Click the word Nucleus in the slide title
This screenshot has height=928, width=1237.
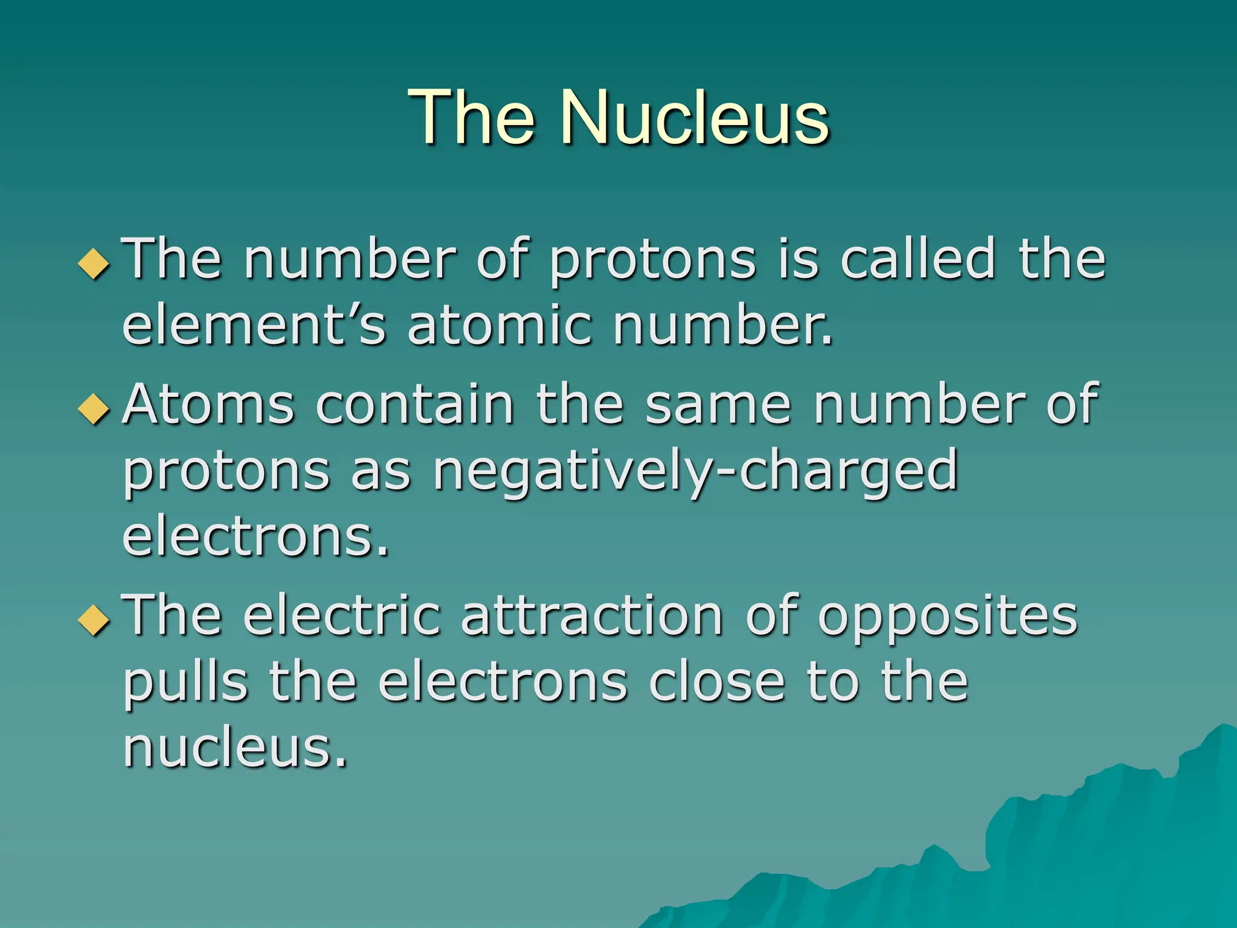[x=695, y=117]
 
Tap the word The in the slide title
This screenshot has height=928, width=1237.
[x=471, y=117]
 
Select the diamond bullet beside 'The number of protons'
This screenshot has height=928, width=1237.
[x=94, y=264]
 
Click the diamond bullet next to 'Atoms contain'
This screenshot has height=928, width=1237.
[x=94, y=409]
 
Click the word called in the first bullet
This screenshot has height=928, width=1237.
[x=917, y=259]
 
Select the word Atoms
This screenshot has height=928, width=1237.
[x=208, y=404]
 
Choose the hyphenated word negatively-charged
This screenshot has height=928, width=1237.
[x=695, y=472]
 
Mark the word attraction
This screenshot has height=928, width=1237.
[x=592, y=616]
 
